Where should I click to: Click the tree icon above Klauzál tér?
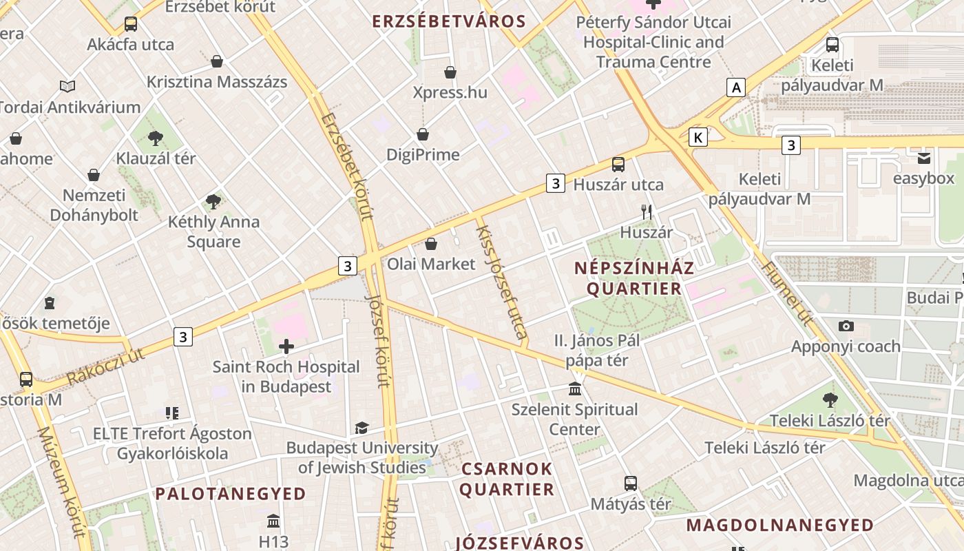coord(156,138)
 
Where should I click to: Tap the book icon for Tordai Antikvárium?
coord(67,86)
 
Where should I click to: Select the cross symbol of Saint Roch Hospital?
coord(286,346)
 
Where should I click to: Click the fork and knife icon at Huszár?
coord(646,211)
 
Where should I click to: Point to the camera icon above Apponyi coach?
coord(846,326)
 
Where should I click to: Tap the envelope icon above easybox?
coord(923,158)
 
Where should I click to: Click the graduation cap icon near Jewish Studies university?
coord(361,428)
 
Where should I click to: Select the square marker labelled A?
coord(736,87)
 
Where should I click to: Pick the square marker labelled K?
coord(698,137)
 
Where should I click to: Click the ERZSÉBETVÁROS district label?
coord(449,21)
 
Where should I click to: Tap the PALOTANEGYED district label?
coord(231,494)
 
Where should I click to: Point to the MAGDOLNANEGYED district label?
coord(779,526)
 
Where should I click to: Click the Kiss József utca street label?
coord(501,282)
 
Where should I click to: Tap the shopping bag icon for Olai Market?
coord(431,244)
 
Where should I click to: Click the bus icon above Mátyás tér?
coord(630,483)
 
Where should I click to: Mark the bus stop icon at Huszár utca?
coord(618,164)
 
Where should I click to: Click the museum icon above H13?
coord(273,520)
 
